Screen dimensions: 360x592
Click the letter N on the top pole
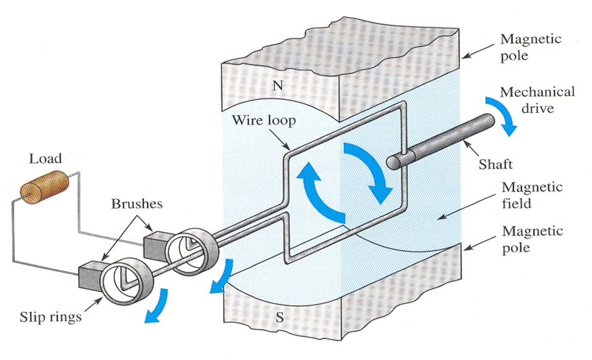[275, 86]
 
